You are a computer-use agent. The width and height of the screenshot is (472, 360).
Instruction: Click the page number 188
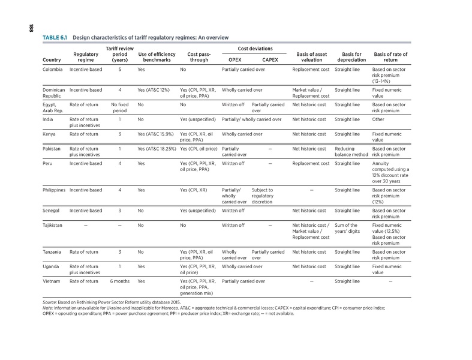tap(27, 28)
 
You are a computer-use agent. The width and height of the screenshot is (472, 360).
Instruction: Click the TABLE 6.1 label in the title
tap(55, 38)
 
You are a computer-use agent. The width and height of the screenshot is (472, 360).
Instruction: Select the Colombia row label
tap(53, 70)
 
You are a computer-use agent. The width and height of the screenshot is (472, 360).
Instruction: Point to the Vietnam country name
tap(53, 281)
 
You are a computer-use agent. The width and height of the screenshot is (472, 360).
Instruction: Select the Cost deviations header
tap(254, 47)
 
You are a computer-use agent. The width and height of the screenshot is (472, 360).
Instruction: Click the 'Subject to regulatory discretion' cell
tap(267, 195)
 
